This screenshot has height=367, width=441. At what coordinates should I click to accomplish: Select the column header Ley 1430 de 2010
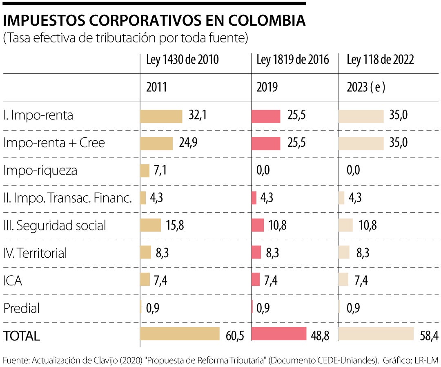pos(182,60)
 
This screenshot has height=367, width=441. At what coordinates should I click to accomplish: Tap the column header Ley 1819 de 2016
pos(292,60)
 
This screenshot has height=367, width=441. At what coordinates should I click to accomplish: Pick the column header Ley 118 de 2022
pos(380,60)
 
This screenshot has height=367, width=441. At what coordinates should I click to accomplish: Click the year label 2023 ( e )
pos(366,87)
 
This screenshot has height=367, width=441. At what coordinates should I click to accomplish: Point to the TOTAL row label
pos(22,336)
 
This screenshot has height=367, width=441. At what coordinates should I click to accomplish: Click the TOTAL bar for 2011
pos(180,334)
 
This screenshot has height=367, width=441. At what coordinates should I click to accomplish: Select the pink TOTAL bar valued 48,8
pos(279,334)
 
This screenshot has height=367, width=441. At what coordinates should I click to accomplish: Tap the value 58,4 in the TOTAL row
pos(429,336)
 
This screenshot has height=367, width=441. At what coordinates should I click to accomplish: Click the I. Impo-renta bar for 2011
pos(161,116)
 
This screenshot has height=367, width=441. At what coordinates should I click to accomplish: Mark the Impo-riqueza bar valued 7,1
pos(145,170)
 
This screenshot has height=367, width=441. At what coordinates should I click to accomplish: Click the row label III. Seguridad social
pos(55,226)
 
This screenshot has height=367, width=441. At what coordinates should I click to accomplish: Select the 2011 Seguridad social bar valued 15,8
pos(150,225)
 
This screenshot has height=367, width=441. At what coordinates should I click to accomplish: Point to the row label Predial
pos(22,308)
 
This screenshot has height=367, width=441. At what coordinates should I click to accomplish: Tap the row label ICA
pos(13,281)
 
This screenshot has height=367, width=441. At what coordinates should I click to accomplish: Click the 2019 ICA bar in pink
pos(256,280)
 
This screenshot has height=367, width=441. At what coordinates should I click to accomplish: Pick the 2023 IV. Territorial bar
pos(344,252)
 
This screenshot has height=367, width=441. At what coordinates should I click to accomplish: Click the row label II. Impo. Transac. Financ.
pos(67,198)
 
